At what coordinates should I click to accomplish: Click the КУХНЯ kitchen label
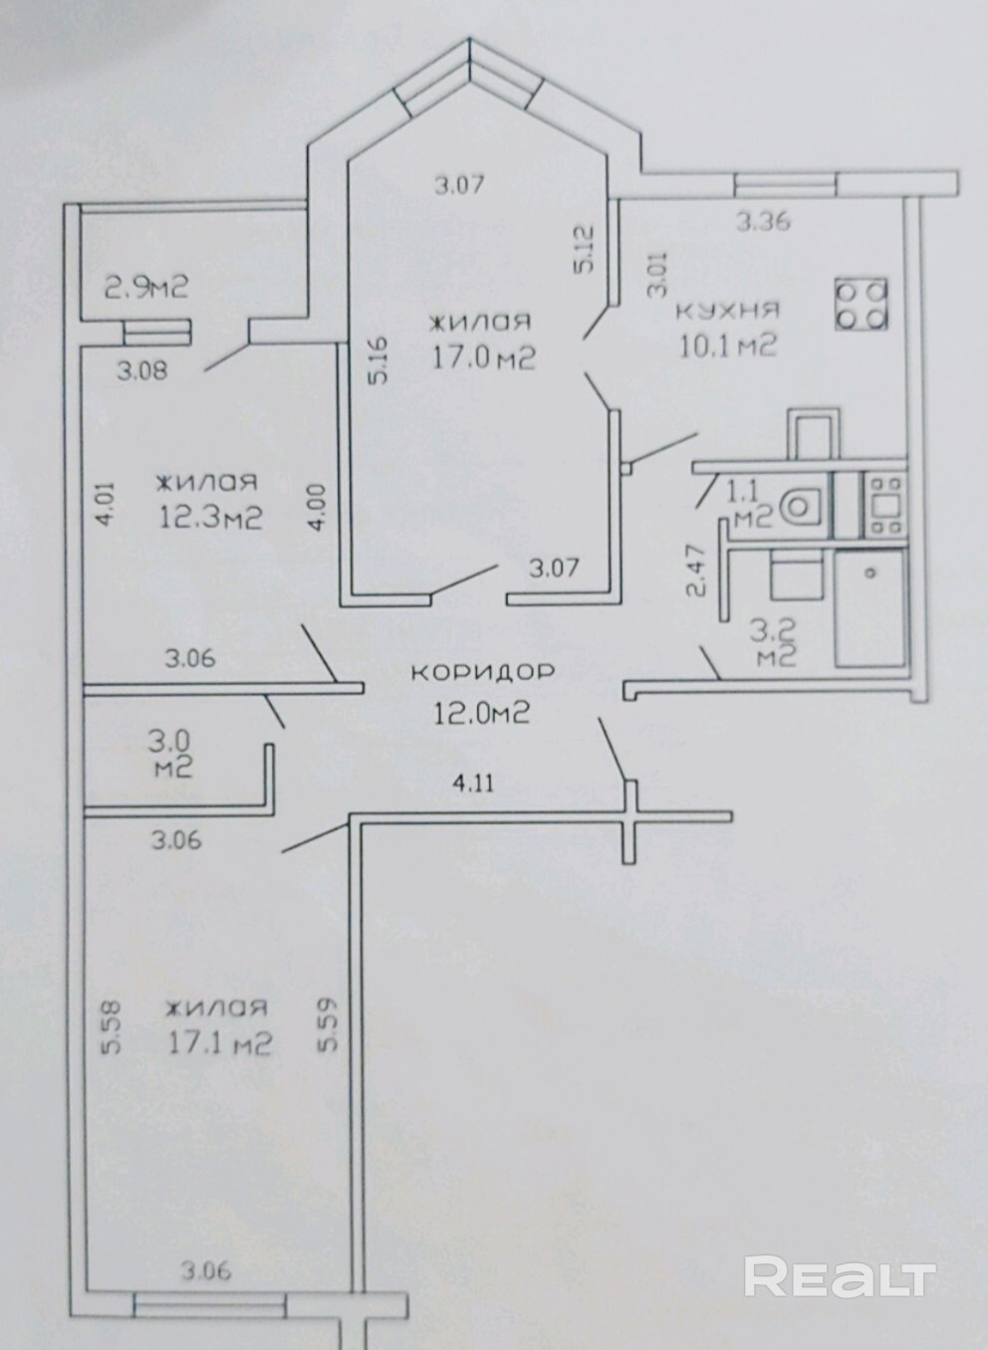[x=729, y=311]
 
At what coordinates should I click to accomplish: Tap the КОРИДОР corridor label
[x=482, y=672]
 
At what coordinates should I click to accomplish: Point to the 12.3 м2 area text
[x=210, y=518]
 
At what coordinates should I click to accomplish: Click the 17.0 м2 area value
[x=483, y=359]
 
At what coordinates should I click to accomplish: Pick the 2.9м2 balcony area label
[x=146, y=287]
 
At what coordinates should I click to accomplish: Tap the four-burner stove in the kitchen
[x=862, y=304]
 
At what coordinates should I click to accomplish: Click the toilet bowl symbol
[x=802, y=506]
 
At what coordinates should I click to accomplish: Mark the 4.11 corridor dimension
[x=473, y=784]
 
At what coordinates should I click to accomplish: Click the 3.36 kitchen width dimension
[x=763, y=222]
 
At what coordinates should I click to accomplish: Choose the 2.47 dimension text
[x=695, y=570]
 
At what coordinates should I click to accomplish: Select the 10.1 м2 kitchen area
[x=728, y=345]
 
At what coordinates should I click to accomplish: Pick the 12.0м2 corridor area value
[x=482, y=714]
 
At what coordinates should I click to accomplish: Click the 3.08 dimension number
[x=142, y=370]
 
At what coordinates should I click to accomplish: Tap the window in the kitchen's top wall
[x=786, y=184]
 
